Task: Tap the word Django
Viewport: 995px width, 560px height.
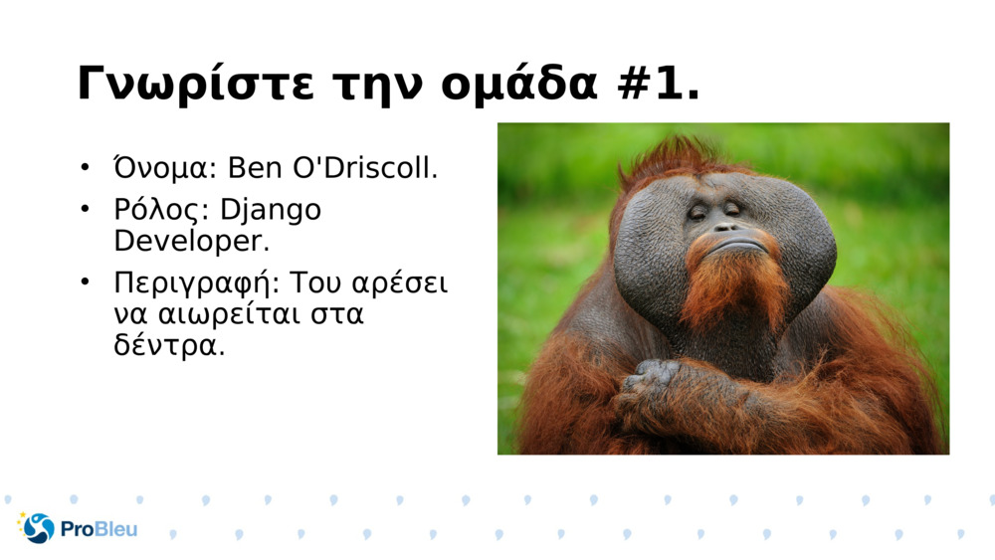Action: point(271,211)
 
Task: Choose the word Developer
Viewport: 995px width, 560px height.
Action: point(191,241)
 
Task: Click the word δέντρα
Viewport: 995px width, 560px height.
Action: point(169,347)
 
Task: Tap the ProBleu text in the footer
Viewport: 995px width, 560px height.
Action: point(99,529)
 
